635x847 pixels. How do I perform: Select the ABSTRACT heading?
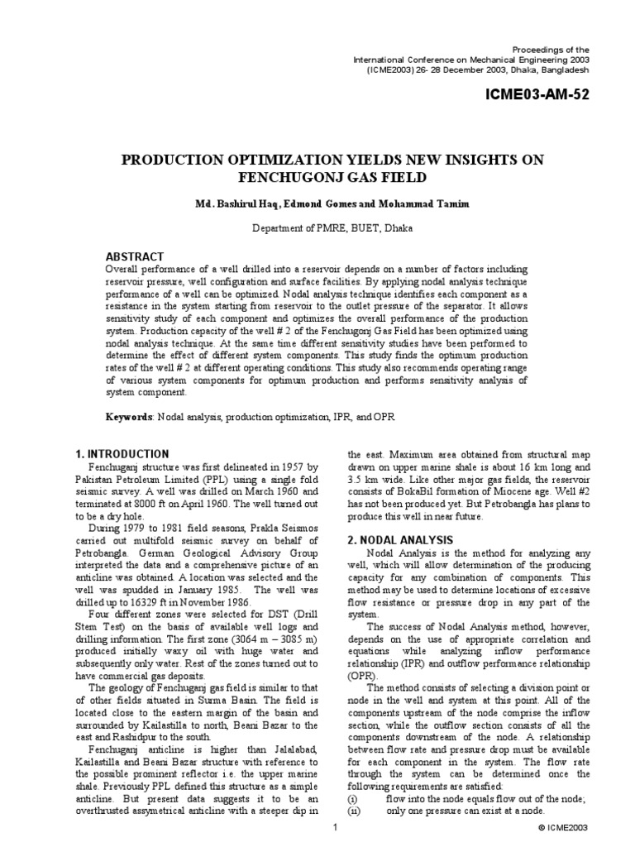135,256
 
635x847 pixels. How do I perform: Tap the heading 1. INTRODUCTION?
122,454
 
